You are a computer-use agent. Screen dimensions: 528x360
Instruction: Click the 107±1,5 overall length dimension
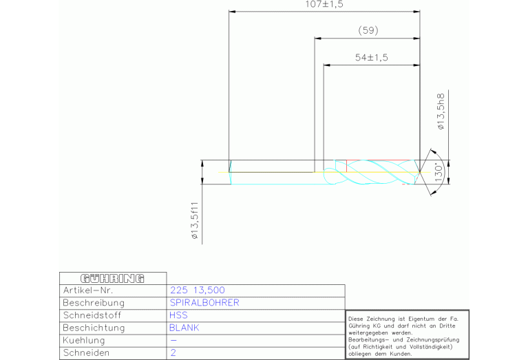point(324,4)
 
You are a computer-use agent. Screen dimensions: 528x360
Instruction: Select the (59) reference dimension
point(368,31)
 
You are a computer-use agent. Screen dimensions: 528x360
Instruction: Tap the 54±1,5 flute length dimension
point(372,58)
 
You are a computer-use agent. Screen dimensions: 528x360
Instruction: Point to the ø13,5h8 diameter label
point(441,112)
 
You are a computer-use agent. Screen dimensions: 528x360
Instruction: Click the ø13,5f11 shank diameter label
point(195,220)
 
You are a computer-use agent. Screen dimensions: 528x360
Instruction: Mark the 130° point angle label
point(439,173)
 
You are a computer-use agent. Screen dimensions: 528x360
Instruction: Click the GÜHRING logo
point(112,279)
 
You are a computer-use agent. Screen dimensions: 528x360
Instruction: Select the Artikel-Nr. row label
point(88,290)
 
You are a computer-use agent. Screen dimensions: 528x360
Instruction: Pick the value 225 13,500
point(198,290)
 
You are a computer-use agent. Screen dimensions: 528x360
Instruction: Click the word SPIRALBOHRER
point(204,303)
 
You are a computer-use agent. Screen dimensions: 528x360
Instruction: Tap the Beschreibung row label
point(94,303)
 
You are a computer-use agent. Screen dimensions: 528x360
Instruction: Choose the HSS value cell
point(178,315)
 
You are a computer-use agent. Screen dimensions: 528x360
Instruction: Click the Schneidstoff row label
point(92,315)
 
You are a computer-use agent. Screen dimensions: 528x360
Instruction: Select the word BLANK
point(184,328)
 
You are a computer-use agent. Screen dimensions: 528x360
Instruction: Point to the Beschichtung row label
point(94,328)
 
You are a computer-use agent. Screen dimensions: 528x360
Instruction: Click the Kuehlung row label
point(84,341)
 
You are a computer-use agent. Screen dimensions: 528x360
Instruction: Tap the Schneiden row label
point(86,353)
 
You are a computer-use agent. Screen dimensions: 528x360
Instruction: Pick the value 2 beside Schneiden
point(173,353)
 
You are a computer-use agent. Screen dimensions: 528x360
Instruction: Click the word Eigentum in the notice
point(421,319)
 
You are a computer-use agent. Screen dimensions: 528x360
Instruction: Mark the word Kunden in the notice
point(401,354)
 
